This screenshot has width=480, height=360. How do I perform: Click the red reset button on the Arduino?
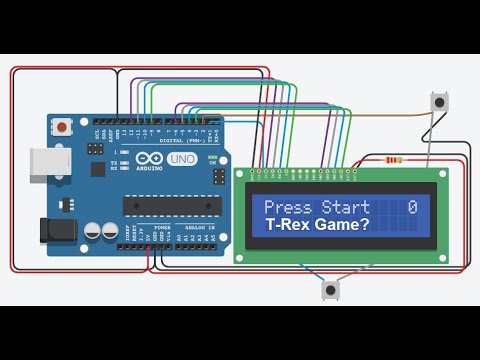pyautogui.click(x=62, y=127)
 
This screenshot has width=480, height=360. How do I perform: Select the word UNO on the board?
pyautogui.click(x=181, y=160)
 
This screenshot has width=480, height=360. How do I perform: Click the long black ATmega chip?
pyautogui.click(x=171, y=206)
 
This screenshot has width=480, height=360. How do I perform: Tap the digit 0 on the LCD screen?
pyautogui.click(x=412, y=208)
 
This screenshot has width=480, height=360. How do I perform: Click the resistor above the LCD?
pyautogui.click(x=394, y=159)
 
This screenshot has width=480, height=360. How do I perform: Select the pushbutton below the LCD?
pyautogui.click(x=330, y=289)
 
